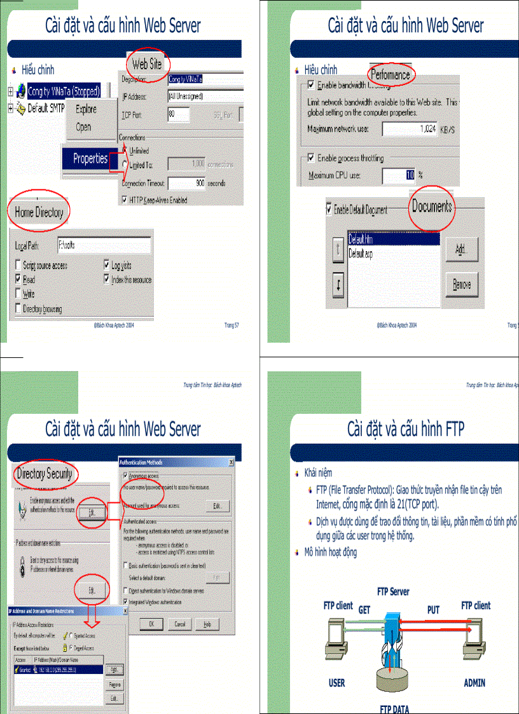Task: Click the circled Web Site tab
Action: coord(147,64)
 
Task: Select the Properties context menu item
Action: coord(90,159)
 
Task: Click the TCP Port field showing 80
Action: coord(179,114)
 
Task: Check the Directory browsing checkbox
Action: coord(19,309)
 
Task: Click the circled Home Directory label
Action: coord(39,212)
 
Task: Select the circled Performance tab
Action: coord(391,75)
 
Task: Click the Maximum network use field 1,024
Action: coord(410,129)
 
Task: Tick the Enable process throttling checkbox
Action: coord(311,158)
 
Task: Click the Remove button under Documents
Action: coord(462,285)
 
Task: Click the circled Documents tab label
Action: coord(432,207)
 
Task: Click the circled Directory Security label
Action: coord(45,474)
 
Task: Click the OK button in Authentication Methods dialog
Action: coord(151,624)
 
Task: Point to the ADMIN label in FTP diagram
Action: coord(474,683)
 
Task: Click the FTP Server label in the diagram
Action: coord(393,591)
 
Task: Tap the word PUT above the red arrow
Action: coord(433,610)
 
